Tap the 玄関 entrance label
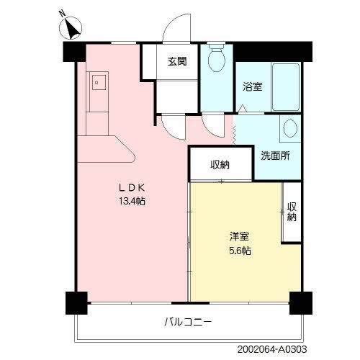point(178,61)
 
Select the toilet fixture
point(215,60)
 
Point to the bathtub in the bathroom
point(285,86)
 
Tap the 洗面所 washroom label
point(275,156)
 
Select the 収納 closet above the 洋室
point(220,164)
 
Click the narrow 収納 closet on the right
point(292,207)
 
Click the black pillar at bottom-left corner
point(76,302)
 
